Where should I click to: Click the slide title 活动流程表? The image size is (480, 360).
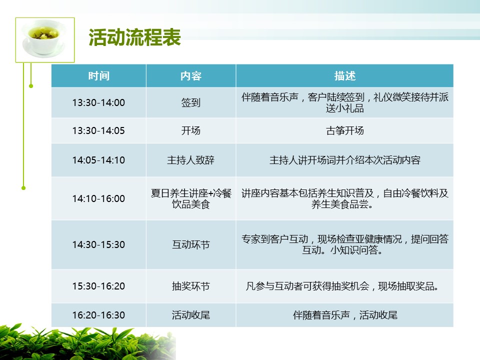click(134, 37)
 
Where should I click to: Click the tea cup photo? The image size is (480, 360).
click(45, 40)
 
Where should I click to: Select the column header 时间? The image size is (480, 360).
click(98, 76)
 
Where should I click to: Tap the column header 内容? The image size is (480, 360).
click(190, 76)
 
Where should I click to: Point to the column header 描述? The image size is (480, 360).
click(344, 76)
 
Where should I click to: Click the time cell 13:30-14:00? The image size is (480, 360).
click(98, 102)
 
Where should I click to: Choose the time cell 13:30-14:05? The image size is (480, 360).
click(98, 130)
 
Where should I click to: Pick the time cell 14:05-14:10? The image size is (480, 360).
click(98, 160)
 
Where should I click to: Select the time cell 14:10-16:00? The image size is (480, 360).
click(98, 198)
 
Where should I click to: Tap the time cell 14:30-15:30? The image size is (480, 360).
click(98, 244)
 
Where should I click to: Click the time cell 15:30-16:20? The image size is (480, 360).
click(98, 286)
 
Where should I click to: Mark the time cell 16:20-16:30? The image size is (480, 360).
click(98, 315)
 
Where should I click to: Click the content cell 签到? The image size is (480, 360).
click(190, 102)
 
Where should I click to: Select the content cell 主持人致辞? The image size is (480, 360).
click(190, 160)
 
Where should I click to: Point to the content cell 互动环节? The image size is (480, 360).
click(190, 244)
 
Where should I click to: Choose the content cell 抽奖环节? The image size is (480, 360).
click(190, 286)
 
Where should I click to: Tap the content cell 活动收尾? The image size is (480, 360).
click(190, 315)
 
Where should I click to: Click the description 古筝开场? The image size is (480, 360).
click(344, 130)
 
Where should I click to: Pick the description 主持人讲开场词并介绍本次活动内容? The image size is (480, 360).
click(344, 160)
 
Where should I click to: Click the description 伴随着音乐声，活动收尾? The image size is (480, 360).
click(344, 315)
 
